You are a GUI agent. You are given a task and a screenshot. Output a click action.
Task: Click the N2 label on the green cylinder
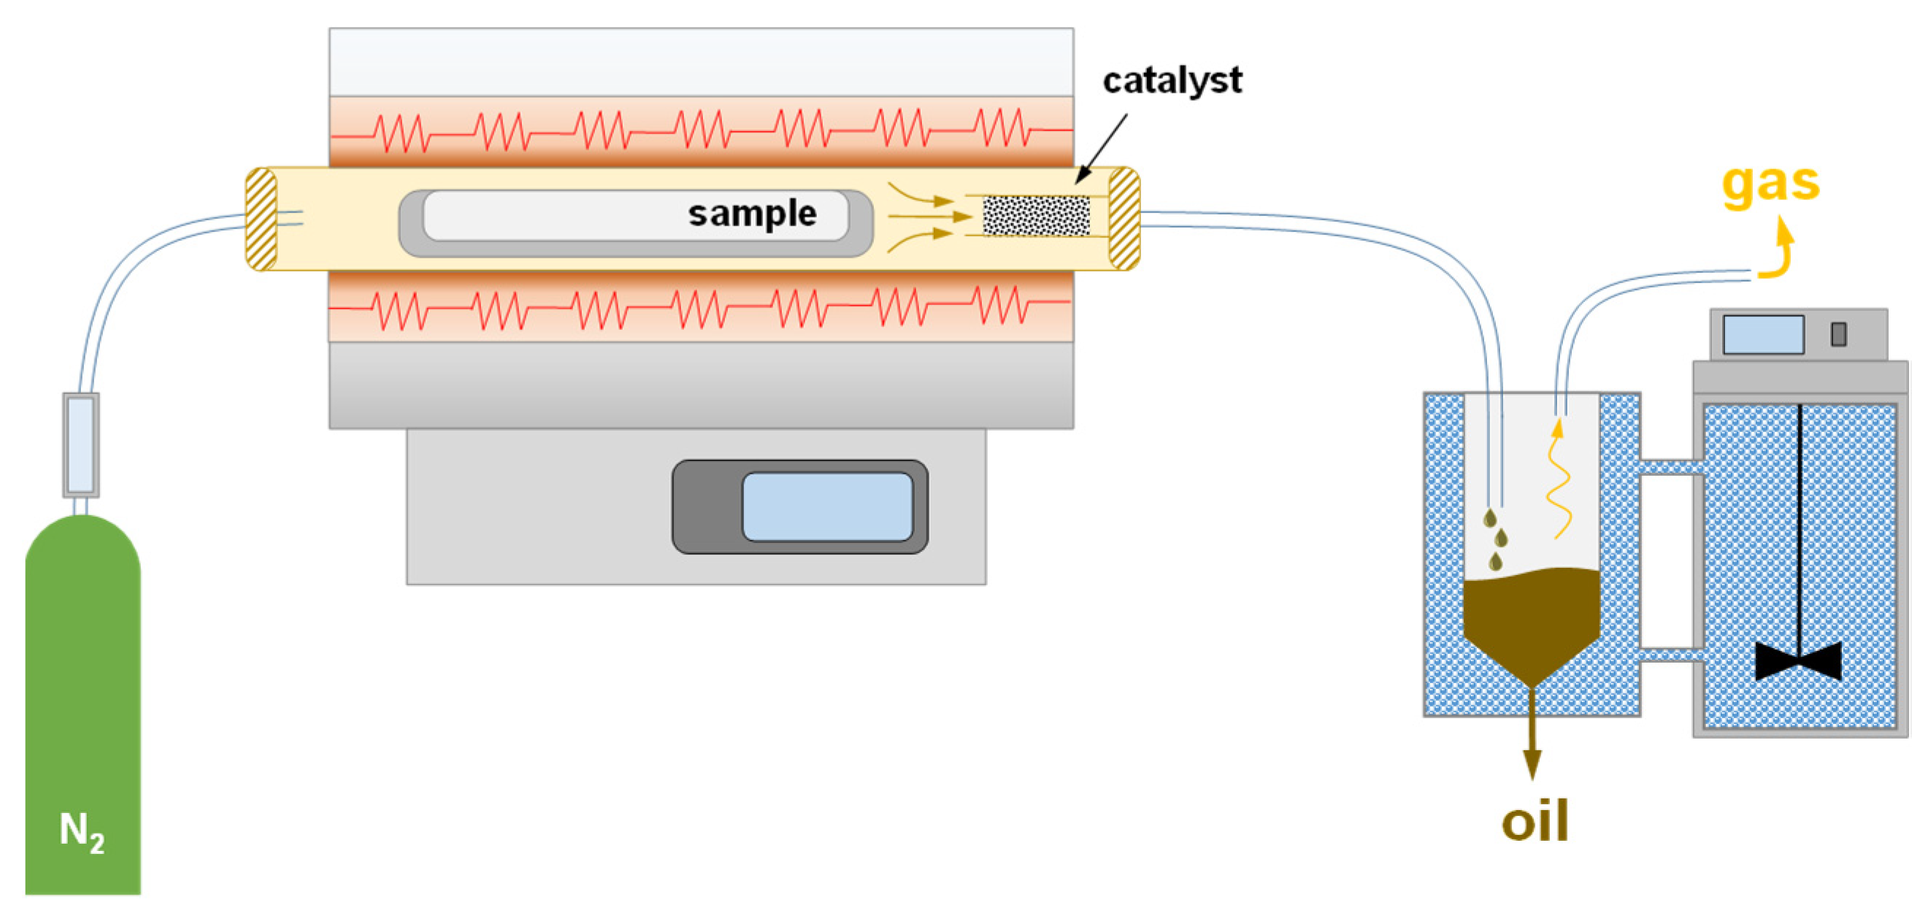pos(82,831)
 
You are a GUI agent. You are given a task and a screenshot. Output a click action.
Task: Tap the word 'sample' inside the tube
pos(751,215)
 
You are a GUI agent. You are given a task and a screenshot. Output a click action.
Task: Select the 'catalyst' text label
pos(1172,81)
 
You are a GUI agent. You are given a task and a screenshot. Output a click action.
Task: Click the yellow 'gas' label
pos(1770,184)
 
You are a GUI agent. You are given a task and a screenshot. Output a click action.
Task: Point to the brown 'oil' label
pos(1535,822)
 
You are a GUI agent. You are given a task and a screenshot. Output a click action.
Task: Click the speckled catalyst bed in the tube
pos(1036,215)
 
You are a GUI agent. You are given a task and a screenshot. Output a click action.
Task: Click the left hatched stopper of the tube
pos(261,218)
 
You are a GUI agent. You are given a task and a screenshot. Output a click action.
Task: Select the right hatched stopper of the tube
pos(1124,218)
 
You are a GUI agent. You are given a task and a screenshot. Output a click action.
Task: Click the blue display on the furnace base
pos(827,506)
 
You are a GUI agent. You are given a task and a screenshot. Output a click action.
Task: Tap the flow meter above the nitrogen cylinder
pos(81,444)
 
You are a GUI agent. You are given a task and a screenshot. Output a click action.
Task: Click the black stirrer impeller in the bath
pos(1798,660)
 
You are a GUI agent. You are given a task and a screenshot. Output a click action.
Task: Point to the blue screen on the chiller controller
pos(1762,334)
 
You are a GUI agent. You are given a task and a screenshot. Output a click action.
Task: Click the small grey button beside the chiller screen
pos(1838,334)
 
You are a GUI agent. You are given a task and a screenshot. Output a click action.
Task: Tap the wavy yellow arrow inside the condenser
pos(1559,482)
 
